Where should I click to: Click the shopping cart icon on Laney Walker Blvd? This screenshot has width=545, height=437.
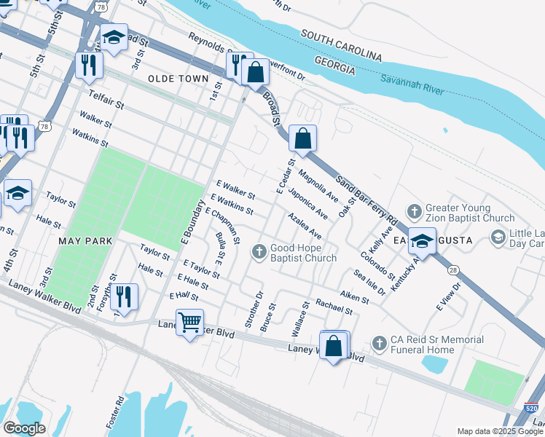[189, 321]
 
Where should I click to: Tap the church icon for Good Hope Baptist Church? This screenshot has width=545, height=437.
[258, 252]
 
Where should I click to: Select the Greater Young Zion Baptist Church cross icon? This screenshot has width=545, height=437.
[414, 212]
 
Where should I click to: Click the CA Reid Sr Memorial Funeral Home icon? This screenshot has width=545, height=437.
[379, 342]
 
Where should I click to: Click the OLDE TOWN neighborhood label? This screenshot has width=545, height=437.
[178, 78]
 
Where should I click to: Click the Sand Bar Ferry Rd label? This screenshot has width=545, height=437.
[366, 199]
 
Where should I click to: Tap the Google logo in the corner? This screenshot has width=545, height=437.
[24, 428]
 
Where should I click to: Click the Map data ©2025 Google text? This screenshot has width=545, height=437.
[499, 431]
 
